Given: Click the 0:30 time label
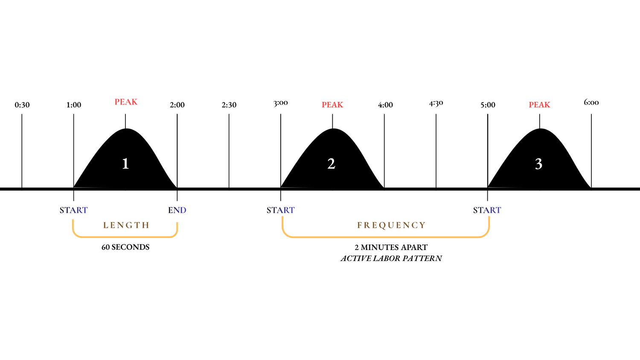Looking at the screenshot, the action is click(x=22, y=105).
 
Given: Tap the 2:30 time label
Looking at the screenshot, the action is click(x=229, y=105).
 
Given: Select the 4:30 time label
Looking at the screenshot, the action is click(x=436, y=103).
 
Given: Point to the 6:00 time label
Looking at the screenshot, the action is click(x=591, y=102).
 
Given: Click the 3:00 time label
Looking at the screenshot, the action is click(x=281, y=103).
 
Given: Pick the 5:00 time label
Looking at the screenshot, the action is click(x=488, y=105).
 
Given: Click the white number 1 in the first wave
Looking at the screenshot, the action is click(x=125, y=164).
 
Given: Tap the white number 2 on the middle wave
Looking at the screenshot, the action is click(x=331, y=164).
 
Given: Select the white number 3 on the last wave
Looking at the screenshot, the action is click(x=538, y=164).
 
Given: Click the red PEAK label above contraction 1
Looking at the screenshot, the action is click(x=126, y=102).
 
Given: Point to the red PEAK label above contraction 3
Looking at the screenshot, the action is click(x=539, y=105).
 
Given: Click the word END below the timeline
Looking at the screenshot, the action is click(x=177, y=210).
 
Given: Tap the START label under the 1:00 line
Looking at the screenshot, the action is click(x=73, y=210).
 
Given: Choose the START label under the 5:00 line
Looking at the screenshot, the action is click(x=487, y=210).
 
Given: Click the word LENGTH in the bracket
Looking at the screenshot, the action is click(x=126, y=225).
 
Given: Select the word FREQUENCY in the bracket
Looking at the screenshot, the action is click(x=391, y=225).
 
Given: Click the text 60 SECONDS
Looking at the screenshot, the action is click(x=125, y=247).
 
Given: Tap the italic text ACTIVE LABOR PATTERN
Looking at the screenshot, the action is click(x=391, y=258).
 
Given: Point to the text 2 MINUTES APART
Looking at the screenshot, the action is click(x=391, y=247).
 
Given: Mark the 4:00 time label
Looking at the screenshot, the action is click(x=385, y=105).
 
